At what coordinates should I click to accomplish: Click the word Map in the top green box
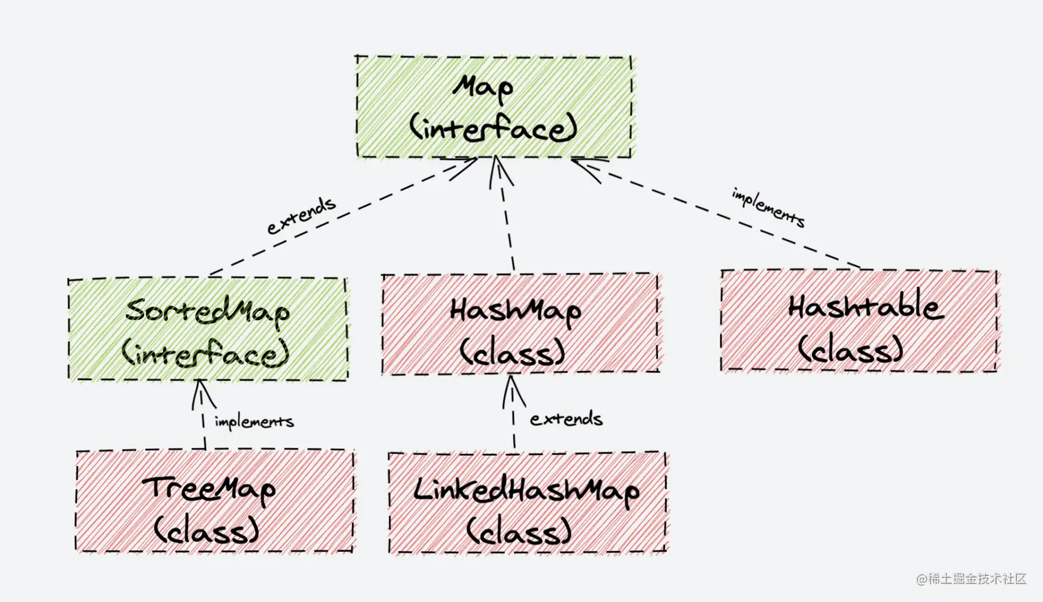click(483, 88)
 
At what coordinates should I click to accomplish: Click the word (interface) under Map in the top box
click(493, 129)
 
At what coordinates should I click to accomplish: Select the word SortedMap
click(207, 312)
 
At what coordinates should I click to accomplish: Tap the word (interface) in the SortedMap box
click(206, 354)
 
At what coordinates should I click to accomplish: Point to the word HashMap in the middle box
click(515, 312)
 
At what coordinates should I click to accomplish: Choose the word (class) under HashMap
click(513, 354)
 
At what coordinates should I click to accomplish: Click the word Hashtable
click(866, 308)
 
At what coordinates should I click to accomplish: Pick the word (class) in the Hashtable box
click(851, 349)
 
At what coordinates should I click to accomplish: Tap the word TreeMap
click(208, 489)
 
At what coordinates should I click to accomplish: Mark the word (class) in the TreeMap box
click(206, 530)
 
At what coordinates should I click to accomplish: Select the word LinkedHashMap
click(526, 491)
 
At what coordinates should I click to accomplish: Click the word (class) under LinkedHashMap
click(519, 531)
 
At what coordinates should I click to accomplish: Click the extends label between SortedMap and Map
click(301, 216)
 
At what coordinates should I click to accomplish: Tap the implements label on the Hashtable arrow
click(768, 208)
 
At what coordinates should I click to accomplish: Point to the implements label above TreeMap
click(254, 421)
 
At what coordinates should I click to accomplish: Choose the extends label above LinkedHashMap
click(566, 419)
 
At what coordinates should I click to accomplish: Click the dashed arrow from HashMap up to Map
click(507, 221)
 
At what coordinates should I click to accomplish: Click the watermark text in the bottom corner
click(971, 579)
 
